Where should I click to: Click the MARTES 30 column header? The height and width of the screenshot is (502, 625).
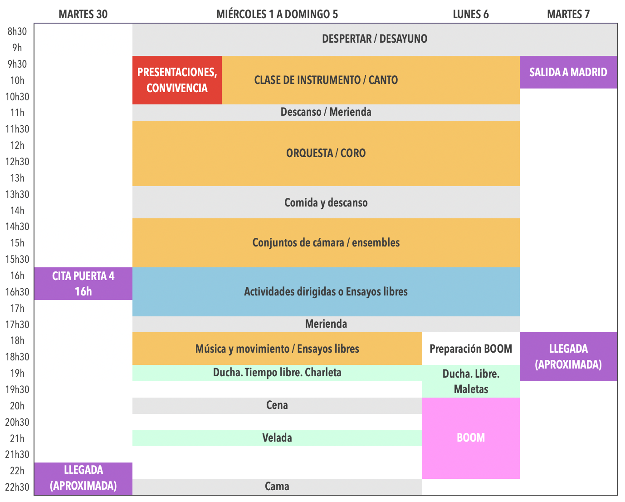point(83,14)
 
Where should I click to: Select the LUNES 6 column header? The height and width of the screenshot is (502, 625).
point(471,14)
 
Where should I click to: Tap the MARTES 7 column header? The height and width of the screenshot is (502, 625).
point(568,14)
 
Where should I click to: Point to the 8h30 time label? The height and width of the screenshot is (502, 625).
point(17,31)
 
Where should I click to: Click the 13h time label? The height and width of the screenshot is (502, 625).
point(17,178)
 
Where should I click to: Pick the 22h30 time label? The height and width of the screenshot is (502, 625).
point(17,487)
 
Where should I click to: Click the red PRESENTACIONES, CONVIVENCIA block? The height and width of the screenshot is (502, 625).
point(177,80)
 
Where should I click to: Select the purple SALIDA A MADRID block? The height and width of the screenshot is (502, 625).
point(568,72)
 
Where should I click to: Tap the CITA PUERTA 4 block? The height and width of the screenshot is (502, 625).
point(83,284)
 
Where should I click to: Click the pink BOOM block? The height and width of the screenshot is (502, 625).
point(471,438)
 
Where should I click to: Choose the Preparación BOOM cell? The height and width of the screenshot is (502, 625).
point(471,349)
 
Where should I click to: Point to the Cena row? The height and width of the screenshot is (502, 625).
point(277,405)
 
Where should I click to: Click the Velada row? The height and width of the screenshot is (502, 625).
point(277,438)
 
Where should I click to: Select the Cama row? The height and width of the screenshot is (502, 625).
point(277,487)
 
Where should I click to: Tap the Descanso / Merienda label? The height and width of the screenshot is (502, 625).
point(326,112)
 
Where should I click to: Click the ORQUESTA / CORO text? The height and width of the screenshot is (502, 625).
point(326,153)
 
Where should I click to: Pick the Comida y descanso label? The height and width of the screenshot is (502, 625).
point(326,202)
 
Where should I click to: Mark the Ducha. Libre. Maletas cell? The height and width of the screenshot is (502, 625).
point(471,381)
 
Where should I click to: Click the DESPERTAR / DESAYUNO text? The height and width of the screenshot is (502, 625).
point(375,39)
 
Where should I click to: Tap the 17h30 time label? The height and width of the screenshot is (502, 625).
point(17,325)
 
